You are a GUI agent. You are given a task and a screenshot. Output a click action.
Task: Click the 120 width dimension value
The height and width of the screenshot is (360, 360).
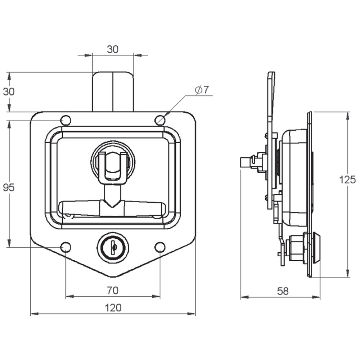click(113, 308)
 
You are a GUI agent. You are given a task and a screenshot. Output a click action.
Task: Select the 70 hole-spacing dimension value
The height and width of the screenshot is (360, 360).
click(112, 291)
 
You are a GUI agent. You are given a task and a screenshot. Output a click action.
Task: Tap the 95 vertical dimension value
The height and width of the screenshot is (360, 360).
click(9, 188)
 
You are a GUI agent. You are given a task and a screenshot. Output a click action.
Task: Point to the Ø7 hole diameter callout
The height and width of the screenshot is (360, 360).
click(202, 90)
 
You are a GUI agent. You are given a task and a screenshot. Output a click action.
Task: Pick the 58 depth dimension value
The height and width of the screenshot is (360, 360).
click(283, 291)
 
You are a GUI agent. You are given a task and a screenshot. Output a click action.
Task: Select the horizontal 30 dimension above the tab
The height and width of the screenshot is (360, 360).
click(113, 49)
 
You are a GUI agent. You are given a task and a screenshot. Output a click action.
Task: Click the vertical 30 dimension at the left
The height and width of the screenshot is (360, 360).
click(9, 91)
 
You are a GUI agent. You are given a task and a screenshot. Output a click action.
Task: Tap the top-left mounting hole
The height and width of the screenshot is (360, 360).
click(66, 120)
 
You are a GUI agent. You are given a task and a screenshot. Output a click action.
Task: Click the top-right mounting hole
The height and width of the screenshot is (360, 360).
click(160, 120)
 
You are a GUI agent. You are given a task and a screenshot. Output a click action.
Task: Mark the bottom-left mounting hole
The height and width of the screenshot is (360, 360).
click(66, 247)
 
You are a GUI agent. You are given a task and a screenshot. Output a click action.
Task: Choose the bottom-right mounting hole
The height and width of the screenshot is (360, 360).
click(160, 247)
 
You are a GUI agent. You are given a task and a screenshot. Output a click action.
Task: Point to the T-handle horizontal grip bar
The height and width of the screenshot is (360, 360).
click(112, 208)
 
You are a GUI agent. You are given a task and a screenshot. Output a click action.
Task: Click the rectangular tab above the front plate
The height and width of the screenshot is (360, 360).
click(113, 92)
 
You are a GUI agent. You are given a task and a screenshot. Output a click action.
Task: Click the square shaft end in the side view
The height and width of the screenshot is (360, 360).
click(246, 162)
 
